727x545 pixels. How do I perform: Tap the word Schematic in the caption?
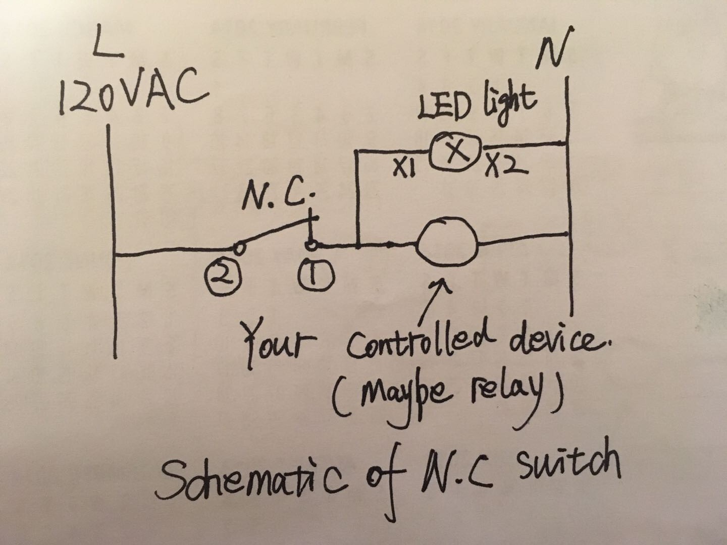(x=252, y=481)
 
